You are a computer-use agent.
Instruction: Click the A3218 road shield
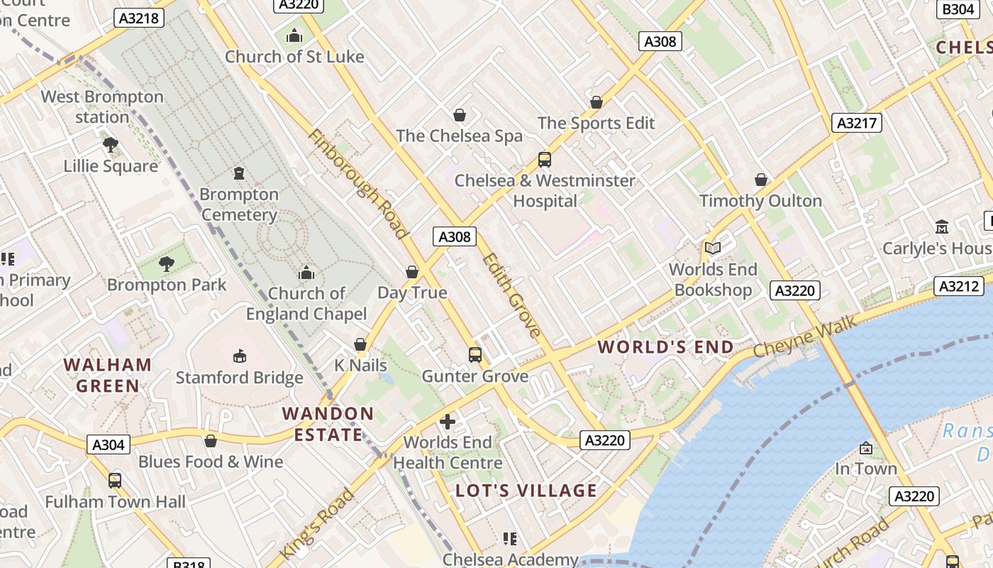tap(139, 18)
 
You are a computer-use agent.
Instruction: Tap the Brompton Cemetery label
tap(239, 204)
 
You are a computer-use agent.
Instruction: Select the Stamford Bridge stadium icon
tap(239, 356)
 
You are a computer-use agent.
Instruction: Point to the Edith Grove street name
tap(512, 294)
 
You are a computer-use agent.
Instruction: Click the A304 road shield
tap(109, 445)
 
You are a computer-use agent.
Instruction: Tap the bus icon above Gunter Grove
tap(475, 354)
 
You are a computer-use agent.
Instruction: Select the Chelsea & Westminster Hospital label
tap(545, 190)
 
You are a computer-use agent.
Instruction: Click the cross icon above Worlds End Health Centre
tap(448, 422)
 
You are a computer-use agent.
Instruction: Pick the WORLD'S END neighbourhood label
tap(665, 347)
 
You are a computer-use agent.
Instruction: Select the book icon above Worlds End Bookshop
tap(713, 248)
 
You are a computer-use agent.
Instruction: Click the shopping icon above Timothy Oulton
tap(761, 180)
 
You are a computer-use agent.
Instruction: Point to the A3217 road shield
tap(856, 123)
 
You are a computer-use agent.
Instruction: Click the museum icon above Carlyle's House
tap(942, 226)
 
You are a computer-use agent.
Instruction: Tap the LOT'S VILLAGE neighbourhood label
tap(526, 491)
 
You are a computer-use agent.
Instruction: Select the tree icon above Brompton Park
tap(167, 264)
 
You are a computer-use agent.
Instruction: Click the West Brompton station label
tap(102, 106)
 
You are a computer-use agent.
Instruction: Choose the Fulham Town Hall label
tap(115, 502)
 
